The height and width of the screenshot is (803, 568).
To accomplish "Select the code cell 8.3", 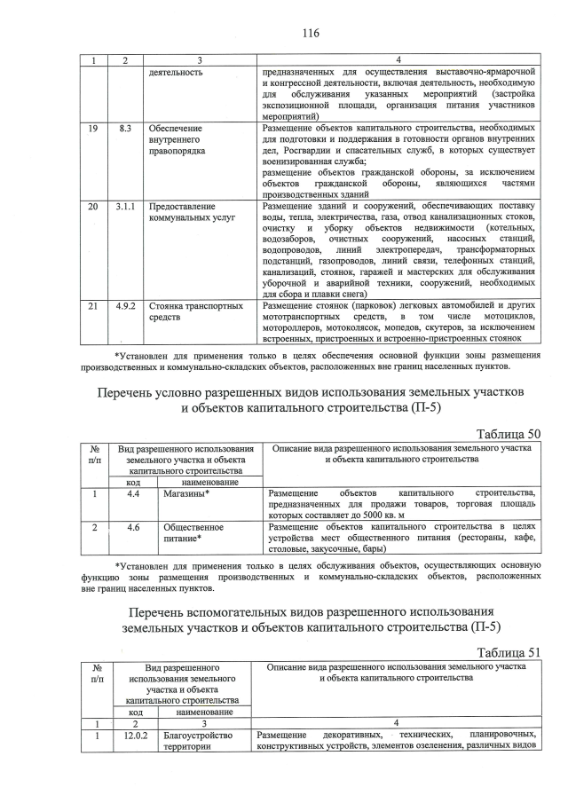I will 125,129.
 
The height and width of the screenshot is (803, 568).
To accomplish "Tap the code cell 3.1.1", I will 125,206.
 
